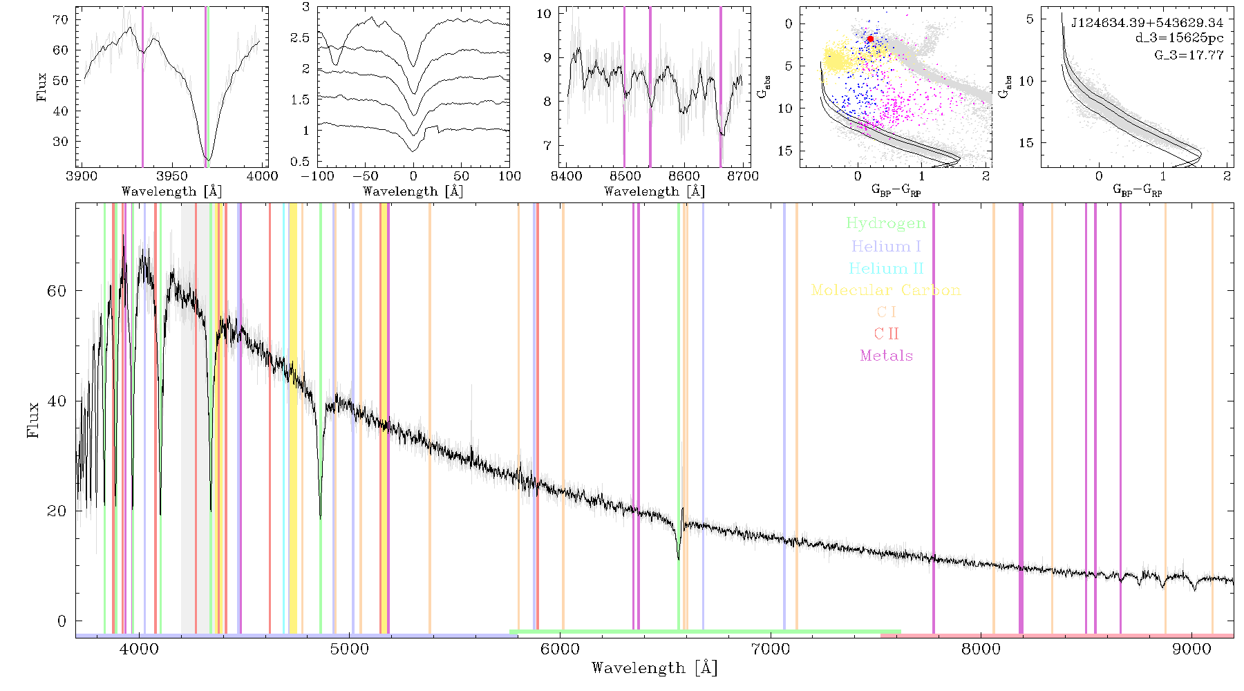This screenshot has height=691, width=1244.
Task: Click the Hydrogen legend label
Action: [x=885, y=223]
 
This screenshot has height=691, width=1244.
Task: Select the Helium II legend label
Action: [x=886, y=268]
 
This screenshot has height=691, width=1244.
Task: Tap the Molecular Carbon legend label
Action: [x=886, y=290]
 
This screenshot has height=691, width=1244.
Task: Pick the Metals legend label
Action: [x=887, y=356]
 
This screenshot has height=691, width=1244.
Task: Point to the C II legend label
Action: [x=886, y=334]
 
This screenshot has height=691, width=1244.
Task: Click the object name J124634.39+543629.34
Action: [x=1147, y=23]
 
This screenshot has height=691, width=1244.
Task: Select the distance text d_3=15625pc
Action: [x=1179, y=38]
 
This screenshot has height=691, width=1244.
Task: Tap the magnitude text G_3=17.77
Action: [x=1189, y=55]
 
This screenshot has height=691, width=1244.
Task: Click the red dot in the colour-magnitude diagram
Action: [x=871, y=39]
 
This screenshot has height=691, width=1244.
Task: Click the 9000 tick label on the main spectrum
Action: [x=1191, y=649]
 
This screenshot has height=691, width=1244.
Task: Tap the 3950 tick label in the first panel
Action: [x=172, y=176]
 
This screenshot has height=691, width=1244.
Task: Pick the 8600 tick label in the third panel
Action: [x=685, y=176]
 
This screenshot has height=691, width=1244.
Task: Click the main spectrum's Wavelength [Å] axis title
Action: [x=654, y=668]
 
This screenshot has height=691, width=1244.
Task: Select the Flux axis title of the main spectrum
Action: [x=32, y=419]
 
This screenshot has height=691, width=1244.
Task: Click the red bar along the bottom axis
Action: [x=1057, y=635]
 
